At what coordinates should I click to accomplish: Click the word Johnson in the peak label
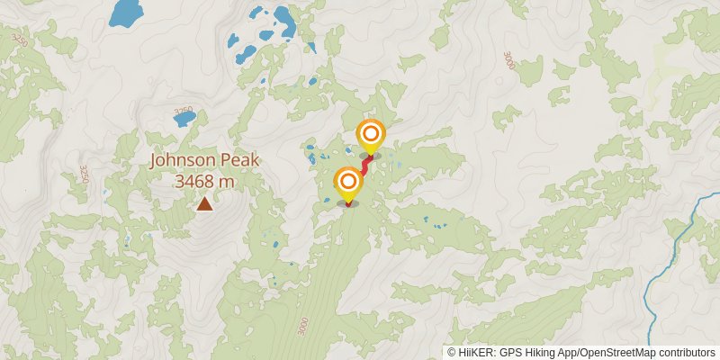(183, 161)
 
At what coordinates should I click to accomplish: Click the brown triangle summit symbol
(205, 204)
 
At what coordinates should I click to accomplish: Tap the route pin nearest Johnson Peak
(347, 184)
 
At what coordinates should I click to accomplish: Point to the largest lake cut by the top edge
(126, 12)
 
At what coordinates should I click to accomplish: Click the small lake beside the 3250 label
(183, 118)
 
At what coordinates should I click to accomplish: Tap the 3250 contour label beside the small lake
(183, 111)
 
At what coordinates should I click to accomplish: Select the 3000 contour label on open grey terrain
(509, 60)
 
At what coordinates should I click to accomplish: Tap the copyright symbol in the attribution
(452, 353)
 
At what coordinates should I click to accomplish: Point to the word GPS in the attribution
(510, 353)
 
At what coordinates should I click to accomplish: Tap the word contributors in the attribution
(687, 353)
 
